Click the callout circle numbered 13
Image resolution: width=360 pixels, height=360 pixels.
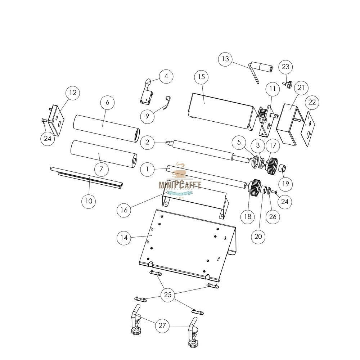tap(226, 59)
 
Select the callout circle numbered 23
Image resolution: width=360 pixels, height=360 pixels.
tap(285, 67)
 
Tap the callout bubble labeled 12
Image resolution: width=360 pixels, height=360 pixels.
tap(73, 93)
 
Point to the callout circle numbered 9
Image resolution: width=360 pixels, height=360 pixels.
tap(148, 116)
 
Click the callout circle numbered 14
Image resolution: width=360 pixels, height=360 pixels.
tap(124, 238)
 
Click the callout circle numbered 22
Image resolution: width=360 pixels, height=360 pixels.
tap(312, 103)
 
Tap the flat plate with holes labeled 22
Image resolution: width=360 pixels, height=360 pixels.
tap(308, 128)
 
